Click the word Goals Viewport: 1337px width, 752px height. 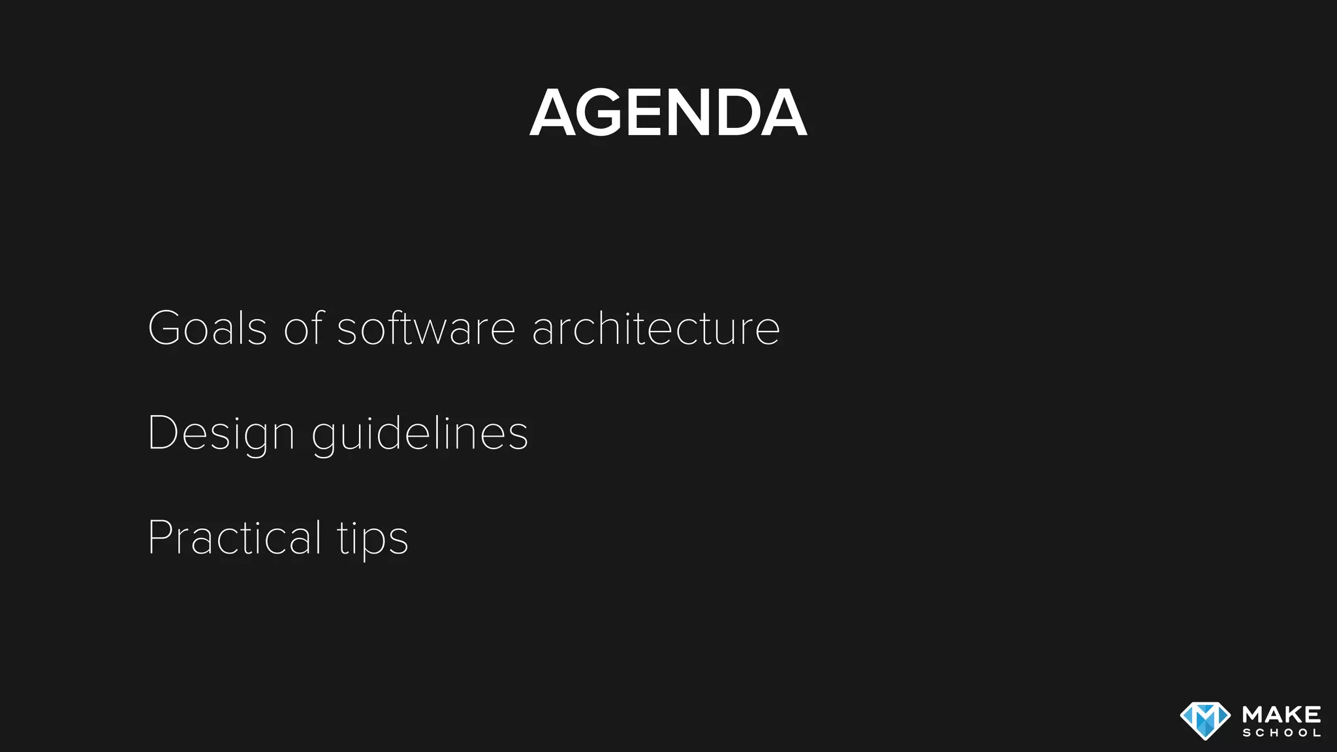pos(208,328)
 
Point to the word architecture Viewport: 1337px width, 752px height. pos(656,328)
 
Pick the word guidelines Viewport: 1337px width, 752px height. pos(420,434)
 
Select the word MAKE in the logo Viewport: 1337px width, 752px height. pos(1282,714)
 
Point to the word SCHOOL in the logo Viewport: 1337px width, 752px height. pos(1282,733)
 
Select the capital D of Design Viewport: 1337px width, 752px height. pos(161,432)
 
